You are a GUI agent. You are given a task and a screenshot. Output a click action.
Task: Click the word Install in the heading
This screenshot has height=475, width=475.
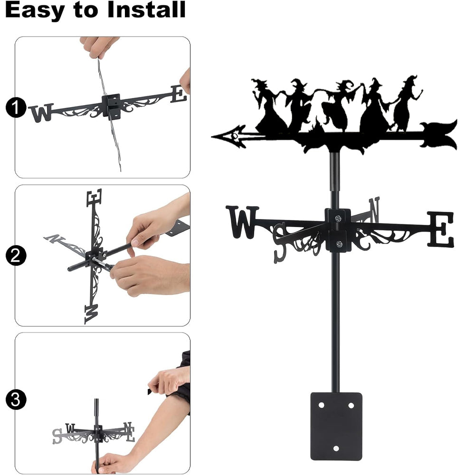pyautogui.click(x=146, y=9)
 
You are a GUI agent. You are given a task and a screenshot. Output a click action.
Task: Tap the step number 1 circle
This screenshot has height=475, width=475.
pyautogui.click(x=16, y=107)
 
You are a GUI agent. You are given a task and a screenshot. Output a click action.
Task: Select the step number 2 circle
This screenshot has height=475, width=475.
pyautogui.click(x=16, y=256)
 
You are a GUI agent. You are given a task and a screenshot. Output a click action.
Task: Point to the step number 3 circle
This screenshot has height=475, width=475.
pyautogui.click(x=16, y=399)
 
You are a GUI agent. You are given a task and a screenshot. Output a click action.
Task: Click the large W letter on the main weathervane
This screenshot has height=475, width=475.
pyautogui.click(x=242, y=222)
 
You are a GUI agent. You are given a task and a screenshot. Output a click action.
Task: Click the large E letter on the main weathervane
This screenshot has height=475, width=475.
pyautogui.click(x=441, y=229)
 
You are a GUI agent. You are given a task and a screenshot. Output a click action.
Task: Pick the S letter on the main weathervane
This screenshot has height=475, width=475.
pyautogui.click(x=280, y=243)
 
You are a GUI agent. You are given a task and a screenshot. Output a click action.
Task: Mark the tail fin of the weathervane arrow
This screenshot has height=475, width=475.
pyautogui.click(x=439, y=135)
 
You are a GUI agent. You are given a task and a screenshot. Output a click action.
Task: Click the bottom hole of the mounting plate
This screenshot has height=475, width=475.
pyautogui.click(x=336, y=448)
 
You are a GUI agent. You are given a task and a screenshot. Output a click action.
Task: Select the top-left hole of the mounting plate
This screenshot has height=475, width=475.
pyautogui.click(x=322, y=405)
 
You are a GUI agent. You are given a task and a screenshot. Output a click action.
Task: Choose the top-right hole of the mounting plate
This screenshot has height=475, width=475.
pyautogui.click(x=351, y=405)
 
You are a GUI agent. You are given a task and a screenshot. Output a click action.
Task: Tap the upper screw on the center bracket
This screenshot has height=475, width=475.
pyautogui.click(x=338, y=218)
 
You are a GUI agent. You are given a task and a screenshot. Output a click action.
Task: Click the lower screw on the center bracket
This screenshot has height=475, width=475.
pyautogui.click(x=339, y=244)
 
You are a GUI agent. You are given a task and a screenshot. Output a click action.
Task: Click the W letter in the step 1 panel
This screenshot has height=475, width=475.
pyautogui.click(x=42, y=113)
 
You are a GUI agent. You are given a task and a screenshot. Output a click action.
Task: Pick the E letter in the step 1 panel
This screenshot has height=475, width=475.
pyautogui.click(x=179, y=94)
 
